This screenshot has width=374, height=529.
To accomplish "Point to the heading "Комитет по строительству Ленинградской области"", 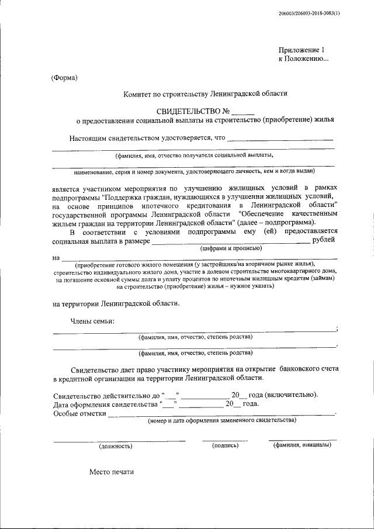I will (x=205, y=94).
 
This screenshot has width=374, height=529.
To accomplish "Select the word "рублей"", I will (x=324, y=240).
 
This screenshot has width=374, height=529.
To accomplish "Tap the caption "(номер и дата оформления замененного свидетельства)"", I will (x=221, y=420).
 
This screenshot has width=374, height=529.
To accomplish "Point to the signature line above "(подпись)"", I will (x=225, y=440).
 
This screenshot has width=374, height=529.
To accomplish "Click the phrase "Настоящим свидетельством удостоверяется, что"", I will (x=147, y=139).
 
